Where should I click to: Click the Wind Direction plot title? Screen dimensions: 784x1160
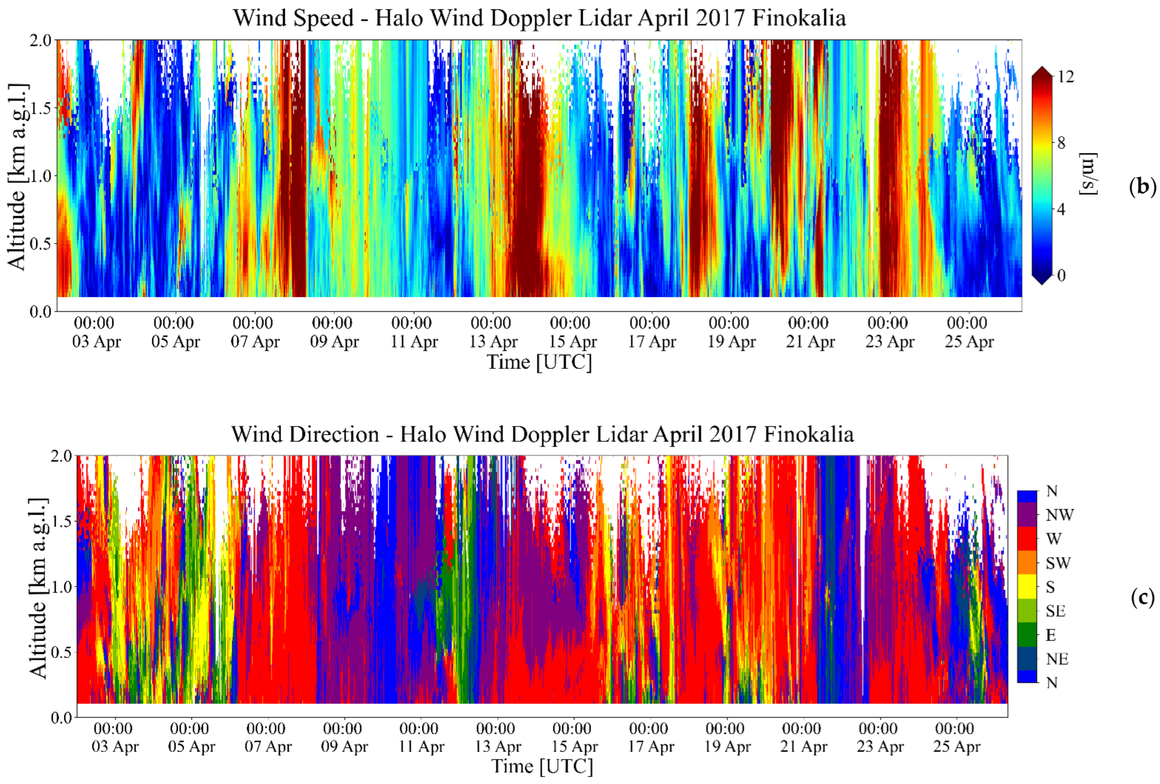pos(542,434)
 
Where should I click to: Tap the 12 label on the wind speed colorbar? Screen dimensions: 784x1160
pos(1065,77)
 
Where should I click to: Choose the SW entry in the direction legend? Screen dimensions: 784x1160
pos(1058,563)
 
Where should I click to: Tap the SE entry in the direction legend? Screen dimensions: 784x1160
pos(1056,611)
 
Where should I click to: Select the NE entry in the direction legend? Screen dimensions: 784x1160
pos(1057,659)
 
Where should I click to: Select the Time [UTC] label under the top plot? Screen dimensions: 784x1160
pos(539,362)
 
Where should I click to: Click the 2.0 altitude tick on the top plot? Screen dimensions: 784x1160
pos(40,40)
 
